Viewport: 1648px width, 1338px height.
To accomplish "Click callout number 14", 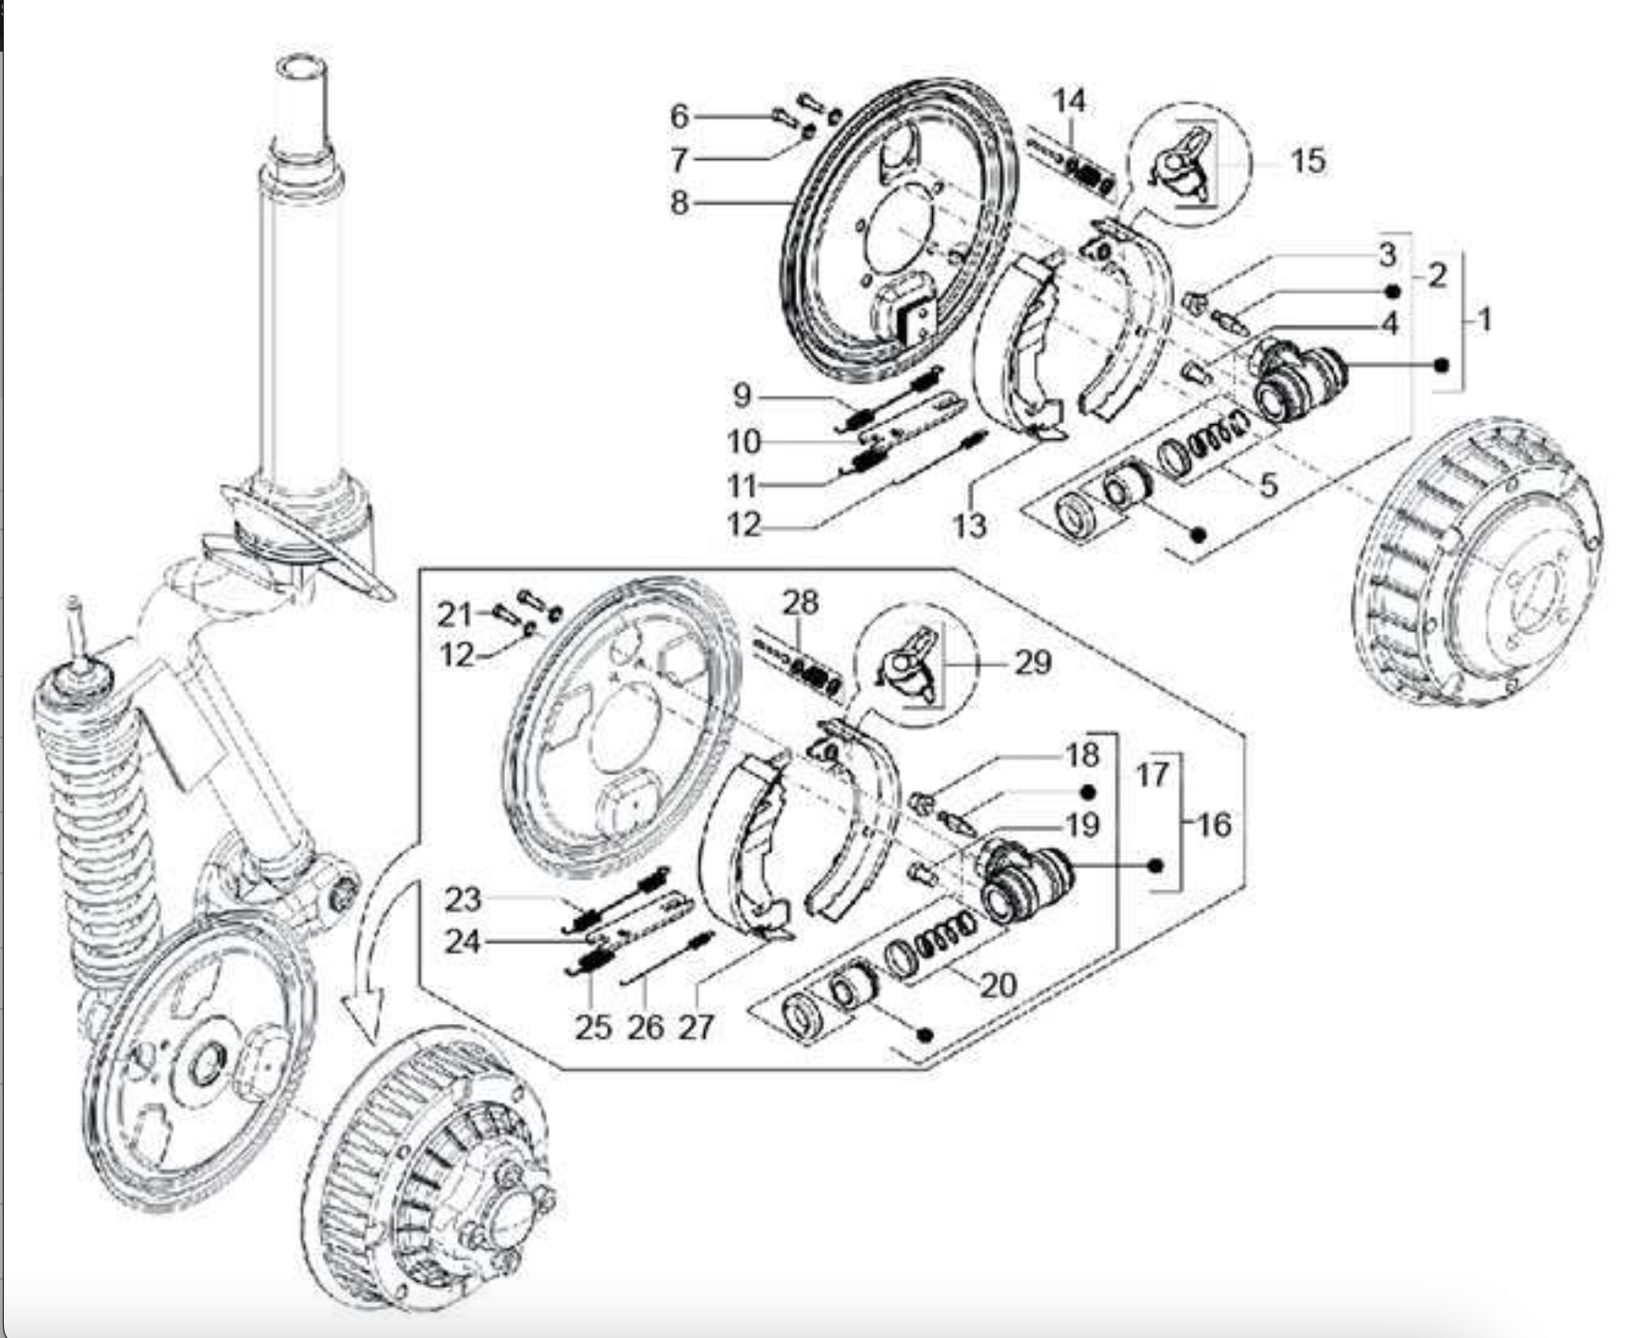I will coord(1070,100).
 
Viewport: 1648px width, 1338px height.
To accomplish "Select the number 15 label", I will coord(1307,161).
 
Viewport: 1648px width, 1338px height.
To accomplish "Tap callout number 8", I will coord(680,201).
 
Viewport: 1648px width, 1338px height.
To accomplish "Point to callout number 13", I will coord(970,525).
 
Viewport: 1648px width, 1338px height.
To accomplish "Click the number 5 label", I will coord(1268,483).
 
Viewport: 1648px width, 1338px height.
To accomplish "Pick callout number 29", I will coord(1033,662).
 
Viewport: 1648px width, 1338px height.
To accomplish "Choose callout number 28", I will coord(800,602).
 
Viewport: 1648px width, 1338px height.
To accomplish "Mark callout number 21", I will coord(454,614).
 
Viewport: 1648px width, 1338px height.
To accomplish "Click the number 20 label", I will coord(998,985).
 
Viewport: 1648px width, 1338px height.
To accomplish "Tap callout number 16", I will coord(1215,823).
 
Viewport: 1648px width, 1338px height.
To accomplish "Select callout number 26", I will coord(646,1026).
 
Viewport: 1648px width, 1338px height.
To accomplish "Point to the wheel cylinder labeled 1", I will coord(1293,379).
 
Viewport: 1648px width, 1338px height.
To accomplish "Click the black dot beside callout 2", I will coord(1393,291).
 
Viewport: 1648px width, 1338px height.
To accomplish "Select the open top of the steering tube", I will coord(301,68).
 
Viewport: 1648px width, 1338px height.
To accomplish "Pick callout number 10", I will coord(744,442).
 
